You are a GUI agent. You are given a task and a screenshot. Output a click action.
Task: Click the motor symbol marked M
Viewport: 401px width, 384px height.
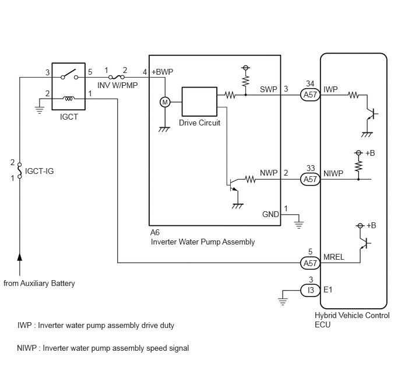pyautogui.click(x=165, y=102)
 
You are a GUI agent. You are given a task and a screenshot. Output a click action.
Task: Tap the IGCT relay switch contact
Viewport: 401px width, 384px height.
pyautogui.click(x=69, y=74)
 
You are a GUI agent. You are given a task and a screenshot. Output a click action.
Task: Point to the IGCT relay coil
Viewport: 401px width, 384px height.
pyautogui.click(x=69, y=98)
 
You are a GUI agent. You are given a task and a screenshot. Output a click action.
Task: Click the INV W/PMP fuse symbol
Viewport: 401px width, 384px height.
pyautogui.click(x=117, y=77)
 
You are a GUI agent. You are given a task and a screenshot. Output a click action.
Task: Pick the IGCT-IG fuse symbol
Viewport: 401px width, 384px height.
pyautogui.click(x=20, y=170)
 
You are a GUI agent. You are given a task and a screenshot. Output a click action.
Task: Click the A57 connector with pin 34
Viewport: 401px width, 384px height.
pyautogui.click(x=310, y=95)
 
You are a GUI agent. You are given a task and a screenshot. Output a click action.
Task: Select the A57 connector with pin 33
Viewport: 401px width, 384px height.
pyautogui.click(x=310, y=179)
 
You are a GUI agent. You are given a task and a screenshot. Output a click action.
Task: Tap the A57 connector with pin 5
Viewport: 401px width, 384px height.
pyautogui.click(x=310, y=263)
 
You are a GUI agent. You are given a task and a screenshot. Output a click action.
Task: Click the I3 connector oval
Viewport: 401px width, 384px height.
pyautogui.click(x=310, y=290)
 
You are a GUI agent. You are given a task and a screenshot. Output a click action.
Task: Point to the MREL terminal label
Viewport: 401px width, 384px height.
pyautogui.click(x=334, y=257)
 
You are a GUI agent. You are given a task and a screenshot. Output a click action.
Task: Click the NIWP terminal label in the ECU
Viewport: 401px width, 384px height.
pyautogui.click(x=333, y=173)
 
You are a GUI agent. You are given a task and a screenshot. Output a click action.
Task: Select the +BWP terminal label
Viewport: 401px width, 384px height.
pyautogui.click(x=163, y=72)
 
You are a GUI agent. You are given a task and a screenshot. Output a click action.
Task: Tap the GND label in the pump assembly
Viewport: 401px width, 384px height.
pyautogui.click(x=270, y=214)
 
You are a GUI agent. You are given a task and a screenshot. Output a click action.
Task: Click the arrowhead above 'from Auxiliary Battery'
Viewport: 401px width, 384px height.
pyautogui.click(x=20, y=257)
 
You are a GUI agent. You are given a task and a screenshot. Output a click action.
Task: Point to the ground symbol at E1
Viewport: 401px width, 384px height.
pyautogui.click(x=283, y=302)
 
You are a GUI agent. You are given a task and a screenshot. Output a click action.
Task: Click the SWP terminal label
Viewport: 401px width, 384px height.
pyautogui.click(x=269, y=89)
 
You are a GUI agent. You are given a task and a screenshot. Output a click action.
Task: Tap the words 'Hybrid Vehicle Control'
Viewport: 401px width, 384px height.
pyautogui.click(x=352, y=315)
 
